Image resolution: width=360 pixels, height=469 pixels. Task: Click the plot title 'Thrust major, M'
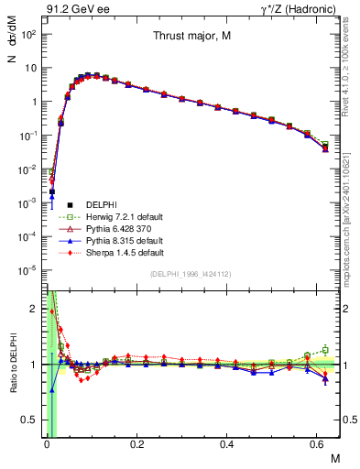pyautogui.click(x=191, y=37)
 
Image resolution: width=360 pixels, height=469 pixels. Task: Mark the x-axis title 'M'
pyautogui.click(x=333, y=457)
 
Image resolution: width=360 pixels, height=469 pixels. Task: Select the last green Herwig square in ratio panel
pyautogui.click(x=326, y=349)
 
